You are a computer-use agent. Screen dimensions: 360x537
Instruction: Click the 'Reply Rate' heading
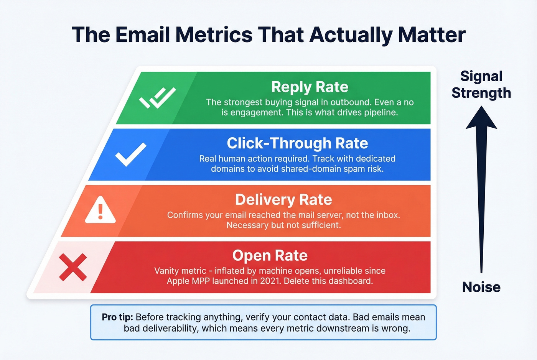tap(310, 87)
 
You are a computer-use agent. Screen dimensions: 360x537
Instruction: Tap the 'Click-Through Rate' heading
tap(297, 143)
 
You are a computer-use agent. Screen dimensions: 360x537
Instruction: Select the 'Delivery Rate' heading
tap(283, 200)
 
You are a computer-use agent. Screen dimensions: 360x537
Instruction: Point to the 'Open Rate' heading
tap(270, 256)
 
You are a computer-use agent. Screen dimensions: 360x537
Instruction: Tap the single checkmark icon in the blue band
tap(131, 154)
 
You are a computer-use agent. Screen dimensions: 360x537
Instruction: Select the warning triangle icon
tap(100, 210)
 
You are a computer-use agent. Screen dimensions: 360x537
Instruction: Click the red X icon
tap(73, 267)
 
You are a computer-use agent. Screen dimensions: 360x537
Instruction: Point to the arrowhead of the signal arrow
tap(481, 118)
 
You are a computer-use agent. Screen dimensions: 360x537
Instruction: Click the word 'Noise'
tap(481, 287)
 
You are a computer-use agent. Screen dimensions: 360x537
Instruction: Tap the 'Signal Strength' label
tap(481, 84)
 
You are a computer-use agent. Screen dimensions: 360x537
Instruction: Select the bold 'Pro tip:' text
tap(117, 317)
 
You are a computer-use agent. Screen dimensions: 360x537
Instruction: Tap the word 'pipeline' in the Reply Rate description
tap(380, 113)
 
